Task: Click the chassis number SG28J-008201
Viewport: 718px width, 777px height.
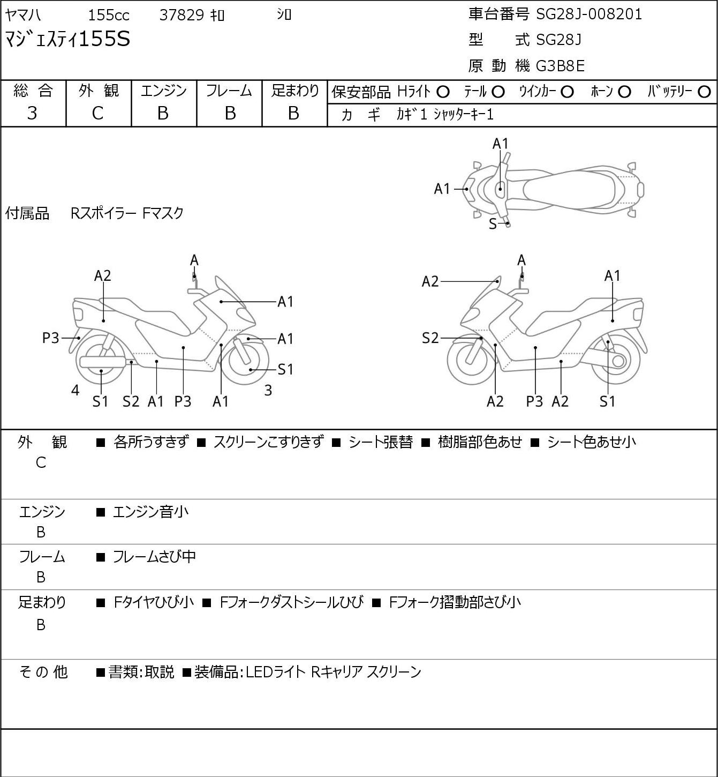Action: pos(589,14)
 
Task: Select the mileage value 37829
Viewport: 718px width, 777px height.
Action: pos(182,15)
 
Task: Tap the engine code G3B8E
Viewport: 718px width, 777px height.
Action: pos(560,66)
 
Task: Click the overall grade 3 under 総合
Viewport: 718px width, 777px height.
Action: pos(32,114)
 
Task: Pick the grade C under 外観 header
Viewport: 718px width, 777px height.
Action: pos(97,114)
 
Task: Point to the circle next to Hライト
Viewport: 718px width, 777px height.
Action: pos(443,92)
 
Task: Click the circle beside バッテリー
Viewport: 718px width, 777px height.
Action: pos(704,92)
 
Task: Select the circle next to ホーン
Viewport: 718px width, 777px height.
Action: pos(624,92)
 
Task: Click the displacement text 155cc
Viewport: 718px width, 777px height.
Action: pos(109,15)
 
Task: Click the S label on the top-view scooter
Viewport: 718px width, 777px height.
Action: pos(493,224)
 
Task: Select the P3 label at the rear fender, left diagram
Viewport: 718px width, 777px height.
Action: pos(50,338)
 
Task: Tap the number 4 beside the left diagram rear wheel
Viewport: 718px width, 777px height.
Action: pos(75,390)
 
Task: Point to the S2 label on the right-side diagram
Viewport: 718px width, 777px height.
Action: pos(430,338)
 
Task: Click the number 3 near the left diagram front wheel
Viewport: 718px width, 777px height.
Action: pos(268,390)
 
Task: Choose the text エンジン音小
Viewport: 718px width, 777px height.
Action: pos(150,512)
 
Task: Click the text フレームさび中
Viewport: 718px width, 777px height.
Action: pos(154,557)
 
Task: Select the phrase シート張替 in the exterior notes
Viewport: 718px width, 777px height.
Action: pos(381,442)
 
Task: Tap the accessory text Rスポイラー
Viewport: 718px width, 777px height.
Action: pos(103,213)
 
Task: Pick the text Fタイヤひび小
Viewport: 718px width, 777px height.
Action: pos(154,602)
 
